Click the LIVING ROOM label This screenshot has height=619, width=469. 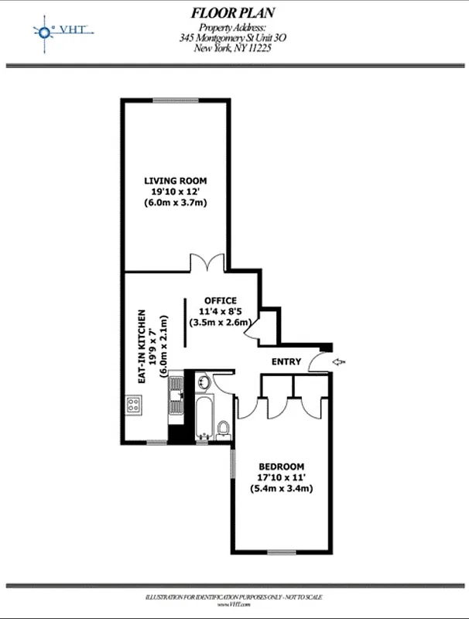[x=176, y=181]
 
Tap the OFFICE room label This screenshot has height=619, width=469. [x=220, y=300]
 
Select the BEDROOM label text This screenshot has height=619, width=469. [x=281, y=467]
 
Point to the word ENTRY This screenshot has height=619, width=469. [x=286, y=362]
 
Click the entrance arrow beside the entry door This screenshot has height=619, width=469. [x=338, y=361]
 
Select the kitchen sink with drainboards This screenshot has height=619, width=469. [x=176, y=403]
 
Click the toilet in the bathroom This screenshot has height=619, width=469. [x=224, y=428]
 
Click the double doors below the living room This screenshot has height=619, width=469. [x=207, y=263]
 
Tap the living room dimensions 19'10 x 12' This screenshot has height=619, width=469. [x=176, y=192]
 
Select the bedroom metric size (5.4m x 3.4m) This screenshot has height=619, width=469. [x=281, y=489]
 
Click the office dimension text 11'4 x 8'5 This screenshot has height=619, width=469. [x=220, y=311]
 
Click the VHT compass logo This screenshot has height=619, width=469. [x=44, y=31]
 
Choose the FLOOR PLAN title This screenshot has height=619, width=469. [x=232, y=12]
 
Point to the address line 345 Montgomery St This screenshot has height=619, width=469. [x=232, y=36]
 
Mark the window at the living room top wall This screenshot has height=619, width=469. [x=169, y=99]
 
